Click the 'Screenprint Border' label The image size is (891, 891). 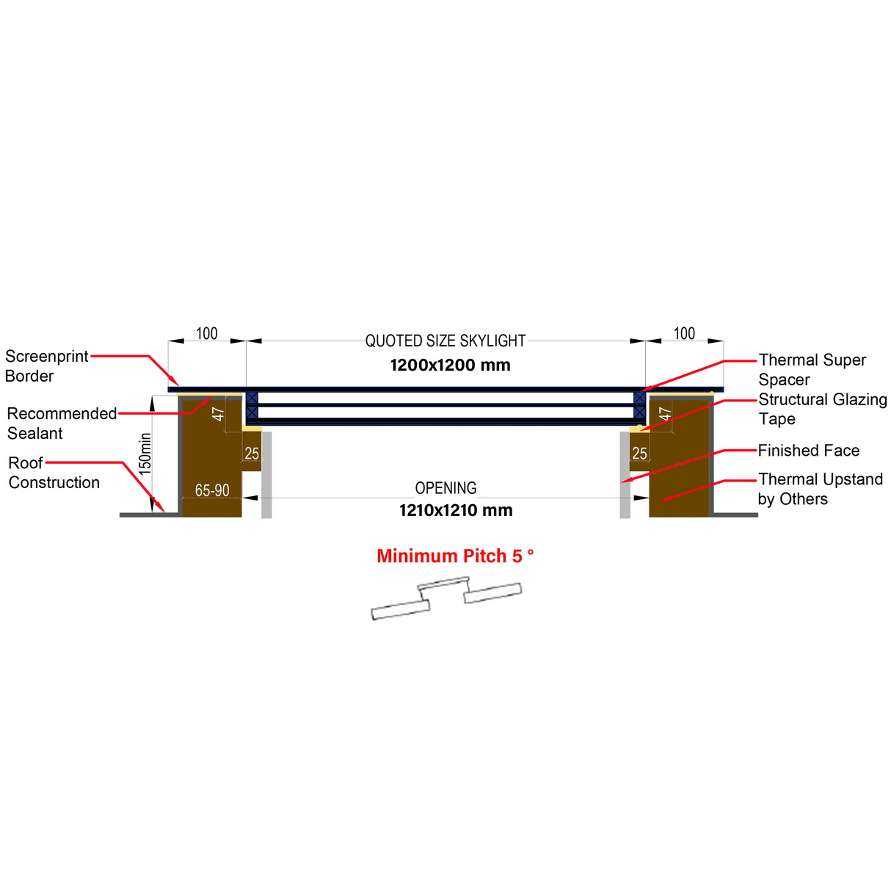coord(46,366)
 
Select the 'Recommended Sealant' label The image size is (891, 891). coord(62,423)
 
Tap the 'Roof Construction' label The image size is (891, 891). coord(54,473)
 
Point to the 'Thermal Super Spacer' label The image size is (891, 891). coord(812,370)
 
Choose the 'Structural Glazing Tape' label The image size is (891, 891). coord(822,410)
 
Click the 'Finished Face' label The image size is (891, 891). coord(808,451)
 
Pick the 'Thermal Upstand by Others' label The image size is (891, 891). coord(820,489)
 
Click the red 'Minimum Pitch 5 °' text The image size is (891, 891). coord(455,556)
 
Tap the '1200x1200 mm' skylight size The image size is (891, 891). coord(450,366)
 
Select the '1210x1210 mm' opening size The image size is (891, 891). coord(456,511)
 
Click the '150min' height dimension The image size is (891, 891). coord(145,453)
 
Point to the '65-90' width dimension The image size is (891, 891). coord(212,490)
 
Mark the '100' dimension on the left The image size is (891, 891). coord(207,334)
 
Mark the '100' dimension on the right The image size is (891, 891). coord(684,334)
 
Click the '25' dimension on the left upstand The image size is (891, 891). coord(252,454)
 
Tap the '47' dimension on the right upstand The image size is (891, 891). coord(665,413)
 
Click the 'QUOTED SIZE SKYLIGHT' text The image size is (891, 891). coord(445,341)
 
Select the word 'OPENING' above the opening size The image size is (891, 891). coord(445,488)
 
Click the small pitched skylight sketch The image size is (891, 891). coord(446,598)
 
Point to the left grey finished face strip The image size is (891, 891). coord(266,474)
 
